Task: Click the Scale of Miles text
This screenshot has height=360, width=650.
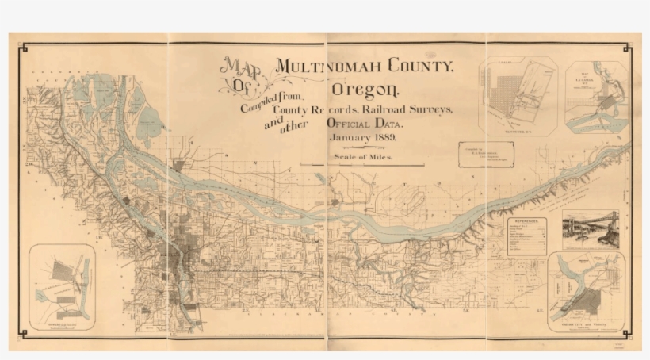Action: [365, 158]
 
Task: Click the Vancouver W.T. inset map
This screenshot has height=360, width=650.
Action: [518, 97]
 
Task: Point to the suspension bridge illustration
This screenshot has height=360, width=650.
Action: [591, 230]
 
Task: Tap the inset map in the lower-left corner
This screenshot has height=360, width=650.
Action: [62, 285]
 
